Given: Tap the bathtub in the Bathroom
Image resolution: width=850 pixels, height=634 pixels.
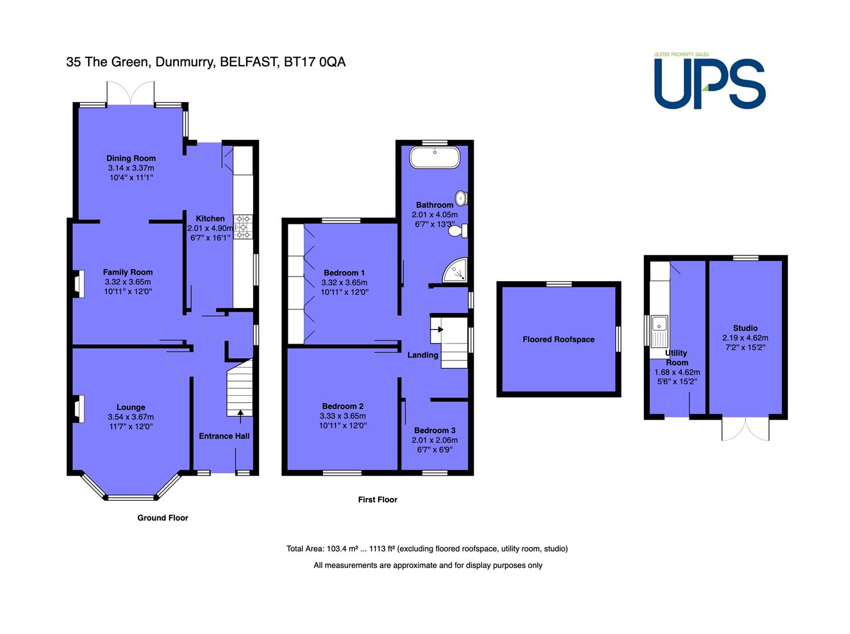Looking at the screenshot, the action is pos(435,157).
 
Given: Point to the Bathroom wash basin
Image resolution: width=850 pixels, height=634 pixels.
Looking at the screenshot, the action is pos(461,198).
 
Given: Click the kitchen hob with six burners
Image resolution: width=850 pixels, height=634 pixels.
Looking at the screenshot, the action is pos(243,227).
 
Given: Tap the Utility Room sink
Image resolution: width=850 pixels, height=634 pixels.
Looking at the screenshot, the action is pos(659,331).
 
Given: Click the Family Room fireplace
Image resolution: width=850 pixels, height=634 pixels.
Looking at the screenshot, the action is pos(78,284).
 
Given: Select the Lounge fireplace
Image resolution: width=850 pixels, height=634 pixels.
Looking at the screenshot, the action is pos(78,409).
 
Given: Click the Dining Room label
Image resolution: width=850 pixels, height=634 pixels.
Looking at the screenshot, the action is pos(131,158).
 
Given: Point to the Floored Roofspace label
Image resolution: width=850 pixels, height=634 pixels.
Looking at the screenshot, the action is pos(558,339).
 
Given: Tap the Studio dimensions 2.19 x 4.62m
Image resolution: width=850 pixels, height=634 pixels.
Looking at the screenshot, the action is pos(745,338).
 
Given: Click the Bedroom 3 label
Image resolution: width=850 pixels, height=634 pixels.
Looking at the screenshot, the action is pos(434,430).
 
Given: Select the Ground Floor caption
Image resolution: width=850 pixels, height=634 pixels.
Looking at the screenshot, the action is pos(163,518).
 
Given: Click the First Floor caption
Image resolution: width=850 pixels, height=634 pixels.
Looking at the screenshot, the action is pos(377,500).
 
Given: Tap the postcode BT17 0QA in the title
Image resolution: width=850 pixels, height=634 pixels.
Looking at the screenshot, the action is pos(315,62).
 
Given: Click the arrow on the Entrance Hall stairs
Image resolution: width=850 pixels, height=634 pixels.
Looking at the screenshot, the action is pos(240,416).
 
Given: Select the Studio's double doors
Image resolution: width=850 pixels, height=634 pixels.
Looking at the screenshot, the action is pos(745,429).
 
